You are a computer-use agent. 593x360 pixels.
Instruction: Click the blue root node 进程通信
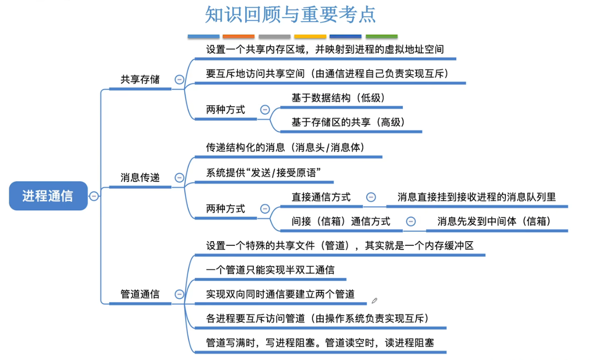48,196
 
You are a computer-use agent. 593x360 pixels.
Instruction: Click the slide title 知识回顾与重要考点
290,15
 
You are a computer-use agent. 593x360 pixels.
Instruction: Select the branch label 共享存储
140,79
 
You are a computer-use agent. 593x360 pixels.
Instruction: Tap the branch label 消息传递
140,177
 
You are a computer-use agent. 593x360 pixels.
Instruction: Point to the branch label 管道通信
140,294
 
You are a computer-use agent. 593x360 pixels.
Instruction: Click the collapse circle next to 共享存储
179,79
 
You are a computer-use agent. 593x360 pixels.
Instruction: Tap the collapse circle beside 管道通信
179,294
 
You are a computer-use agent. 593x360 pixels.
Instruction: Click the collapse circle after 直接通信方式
371,197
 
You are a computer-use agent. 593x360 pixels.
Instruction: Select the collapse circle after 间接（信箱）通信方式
411,222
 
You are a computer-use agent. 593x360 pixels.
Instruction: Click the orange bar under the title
238,36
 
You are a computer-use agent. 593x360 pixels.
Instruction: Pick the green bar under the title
381,36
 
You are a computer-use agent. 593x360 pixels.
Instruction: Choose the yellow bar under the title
310,36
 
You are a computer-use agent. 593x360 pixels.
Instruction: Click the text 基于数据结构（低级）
338,98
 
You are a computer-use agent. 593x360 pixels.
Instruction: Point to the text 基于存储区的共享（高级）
349,122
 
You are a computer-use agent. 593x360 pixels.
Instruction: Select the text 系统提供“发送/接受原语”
263,173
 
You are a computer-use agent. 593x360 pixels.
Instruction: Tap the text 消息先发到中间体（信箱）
494,221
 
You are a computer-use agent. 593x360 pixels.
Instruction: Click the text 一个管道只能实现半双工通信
270,270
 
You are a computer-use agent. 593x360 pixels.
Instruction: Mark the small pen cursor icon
375,301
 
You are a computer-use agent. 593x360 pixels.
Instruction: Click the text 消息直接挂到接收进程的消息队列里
476,197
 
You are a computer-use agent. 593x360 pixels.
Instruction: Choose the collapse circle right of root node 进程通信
94,196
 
